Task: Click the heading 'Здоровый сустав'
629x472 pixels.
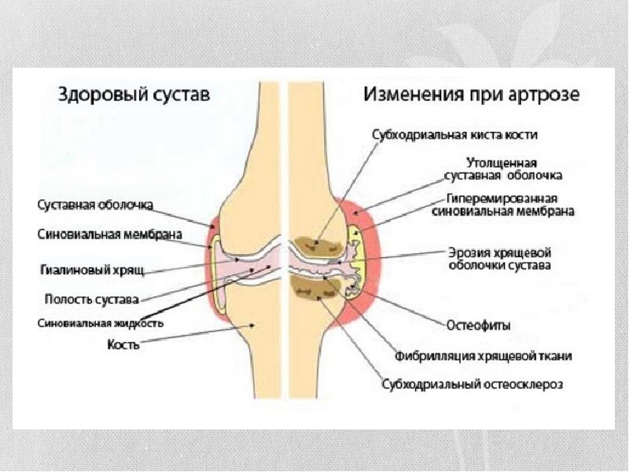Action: tap(133, 95)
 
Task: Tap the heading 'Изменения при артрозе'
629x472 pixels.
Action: tap(471, 95)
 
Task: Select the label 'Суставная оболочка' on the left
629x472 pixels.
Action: tap(96, 205)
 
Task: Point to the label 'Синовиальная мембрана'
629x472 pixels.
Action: tap(110, 234)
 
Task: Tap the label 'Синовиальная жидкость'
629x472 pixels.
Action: tap(101, 323)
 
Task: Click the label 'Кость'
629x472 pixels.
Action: tap(124, 344)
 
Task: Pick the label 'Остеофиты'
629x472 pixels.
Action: tap(479, 324)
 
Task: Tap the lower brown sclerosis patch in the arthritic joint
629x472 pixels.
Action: tap(314, 289)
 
